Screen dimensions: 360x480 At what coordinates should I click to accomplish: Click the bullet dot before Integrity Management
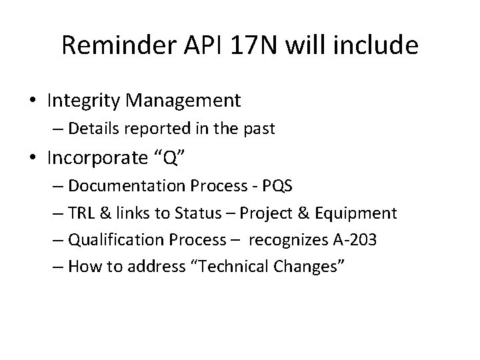pyautogui.click(x=33, y=101)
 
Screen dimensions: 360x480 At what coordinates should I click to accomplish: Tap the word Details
pyautogui.click(x=92, y=129)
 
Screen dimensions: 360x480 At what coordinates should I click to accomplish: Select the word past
pyautogui.click(x=259, y=129)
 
